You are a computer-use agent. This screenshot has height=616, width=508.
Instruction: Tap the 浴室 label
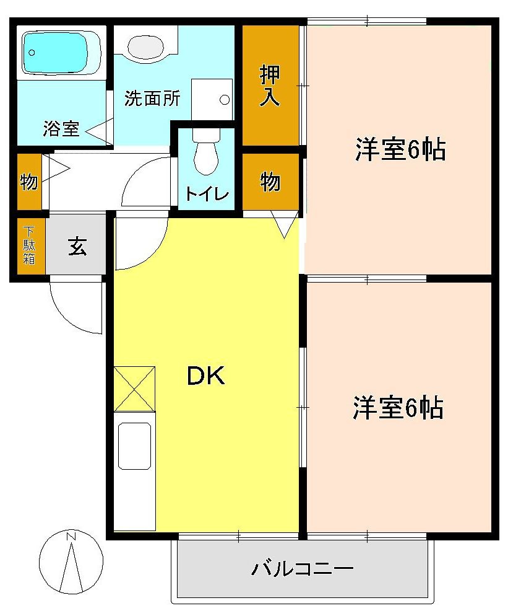tap(61, 129)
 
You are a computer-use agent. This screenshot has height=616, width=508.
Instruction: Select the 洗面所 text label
tap(152, 99)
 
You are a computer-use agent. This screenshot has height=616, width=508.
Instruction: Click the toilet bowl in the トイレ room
tap(206, 155)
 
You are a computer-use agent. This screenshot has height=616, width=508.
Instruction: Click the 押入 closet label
tap(270, 86)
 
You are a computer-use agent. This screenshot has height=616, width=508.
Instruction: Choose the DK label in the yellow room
tap(206, 376)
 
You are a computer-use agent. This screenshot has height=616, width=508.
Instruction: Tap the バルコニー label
tap(302, 568)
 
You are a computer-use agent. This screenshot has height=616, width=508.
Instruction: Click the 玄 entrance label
tap(77, 247)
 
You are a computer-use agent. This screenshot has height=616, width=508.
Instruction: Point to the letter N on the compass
tap(71, 536)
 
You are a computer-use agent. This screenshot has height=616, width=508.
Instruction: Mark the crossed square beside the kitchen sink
tap(134, 389)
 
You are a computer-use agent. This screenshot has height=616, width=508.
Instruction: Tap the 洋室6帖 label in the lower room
tap(398, 407)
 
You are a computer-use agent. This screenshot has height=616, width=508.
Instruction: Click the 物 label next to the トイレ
tap(270, 182)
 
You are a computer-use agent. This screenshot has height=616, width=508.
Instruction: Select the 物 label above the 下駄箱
tap(28, 182)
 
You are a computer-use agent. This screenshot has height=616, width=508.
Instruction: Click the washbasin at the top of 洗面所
tap(146, 46)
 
